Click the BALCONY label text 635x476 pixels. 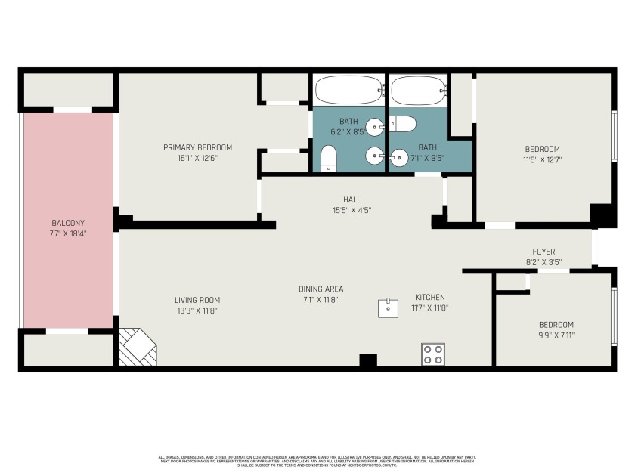pos(68,223)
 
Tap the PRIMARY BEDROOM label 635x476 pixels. pos(197,147)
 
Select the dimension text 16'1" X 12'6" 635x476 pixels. pos(197,158)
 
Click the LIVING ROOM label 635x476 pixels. pos(197,300)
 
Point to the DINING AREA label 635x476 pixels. pos(321,289)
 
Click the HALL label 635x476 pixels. pos(352,199)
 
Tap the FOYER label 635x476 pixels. pos(544,252)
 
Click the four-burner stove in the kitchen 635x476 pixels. pos(433,354)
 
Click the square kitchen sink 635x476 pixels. pos(389,308)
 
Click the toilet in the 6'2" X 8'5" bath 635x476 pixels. pos(328,158)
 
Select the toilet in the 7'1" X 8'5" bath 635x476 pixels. pos(403,125)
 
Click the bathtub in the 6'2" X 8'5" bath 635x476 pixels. pos(348,90)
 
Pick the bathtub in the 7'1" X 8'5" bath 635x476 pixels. pos(418,91)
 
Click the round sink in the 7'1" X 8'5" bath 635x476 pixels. pos(374,156)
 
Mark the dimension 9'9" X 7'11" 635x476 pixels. pos(556,335)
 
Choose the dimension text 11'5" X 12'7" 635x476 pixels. pos(542,159)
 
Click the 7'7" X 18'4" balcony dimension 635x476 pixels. pos(68,233)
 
